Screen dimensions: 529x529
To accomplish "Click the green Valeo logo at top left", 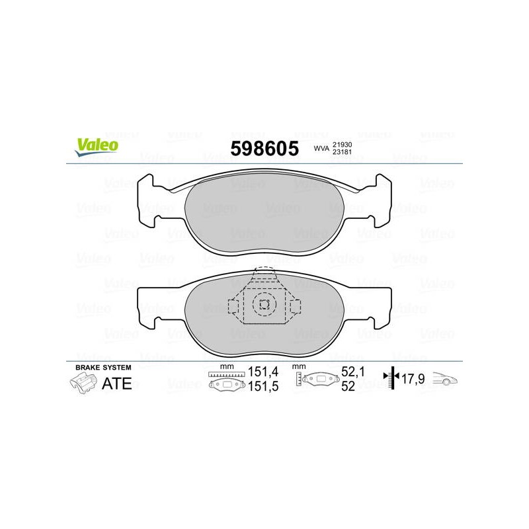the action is coord(97,147).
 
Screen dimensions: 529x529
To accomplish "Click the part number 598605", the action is coord(264,148).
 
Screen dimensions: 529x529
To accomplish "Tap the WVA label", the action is coord(321,148).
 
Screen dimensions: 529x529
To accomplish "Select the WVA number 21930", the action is coord(342,144).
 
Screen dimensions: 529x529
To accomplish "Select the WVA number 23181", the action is coord(342,152).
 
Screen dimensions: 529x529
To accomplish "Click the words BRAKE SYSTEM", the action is coord(103,368).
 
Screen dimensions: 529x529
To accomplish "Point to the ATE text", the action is coord(117,384).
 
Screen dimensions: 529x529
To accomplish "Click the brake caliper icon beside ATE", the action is coord(83,384).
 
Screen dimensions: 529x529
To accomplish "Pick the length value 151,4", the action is coord(263,372).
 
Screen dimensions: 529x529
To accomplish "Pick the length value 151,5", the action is coord(263,386).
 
